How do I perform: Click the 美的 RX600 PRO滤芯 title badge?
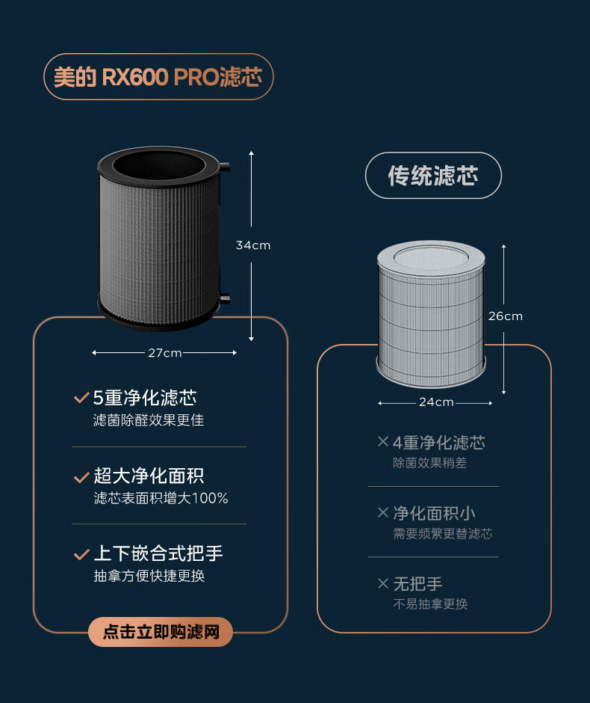coord(158,77)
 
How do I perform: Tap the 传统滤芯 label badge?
coord(433,176)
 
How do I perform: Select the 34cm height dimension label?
coord(252,245)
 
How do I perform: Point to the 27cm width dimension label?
coord(164,353)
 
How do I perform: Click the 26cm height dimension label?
coord(505,316)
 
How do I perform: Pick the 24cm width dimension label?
coord(435,402)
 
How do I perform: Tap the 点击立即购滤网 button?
coord(161,632)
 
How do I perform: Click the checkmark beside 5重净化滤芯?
coord(81,399)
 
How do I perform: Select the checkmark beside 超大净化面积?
coord(81,476)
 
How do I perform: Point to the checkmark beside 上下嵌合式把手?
coord(81,554)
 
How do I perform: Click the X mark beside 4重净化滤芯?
coord(383,442)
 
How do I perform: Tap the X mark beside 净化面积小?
coord(383,512)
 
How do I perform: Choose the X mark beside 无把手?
coord(383,583)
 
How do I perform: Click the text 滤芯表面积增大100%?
coord(161,498)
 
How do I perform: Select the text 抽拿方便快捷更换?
coord(149,576)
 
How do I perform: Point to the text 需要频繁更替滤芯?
coord(442,534)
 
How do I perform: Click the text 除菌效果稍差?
coord(429,463)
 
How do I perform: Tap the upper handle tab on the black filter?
coord(225,165)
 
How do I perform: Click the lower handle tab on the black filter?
coord(225,298)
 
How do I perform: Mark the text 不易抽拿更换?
coord(429,604)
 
